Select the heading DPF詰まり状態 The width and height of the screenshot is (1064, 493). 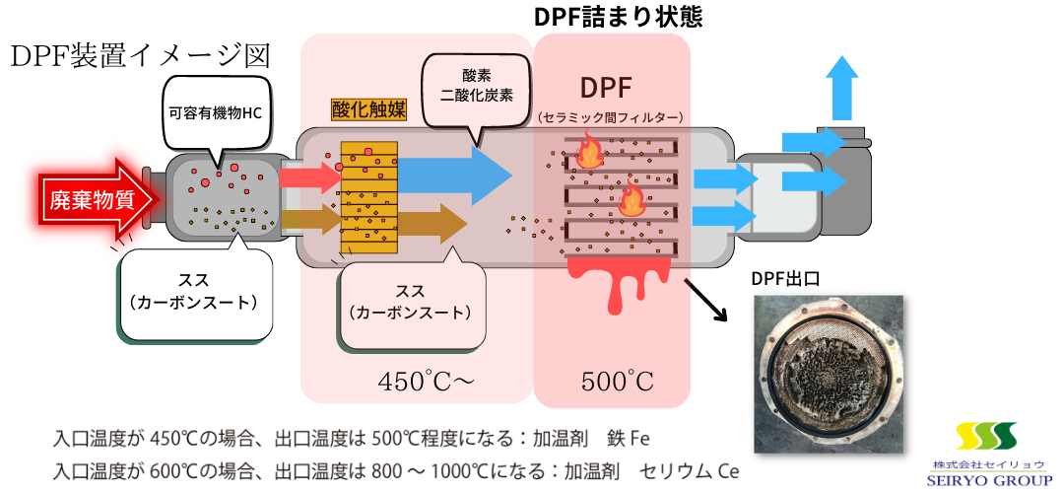coord(618,17)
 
